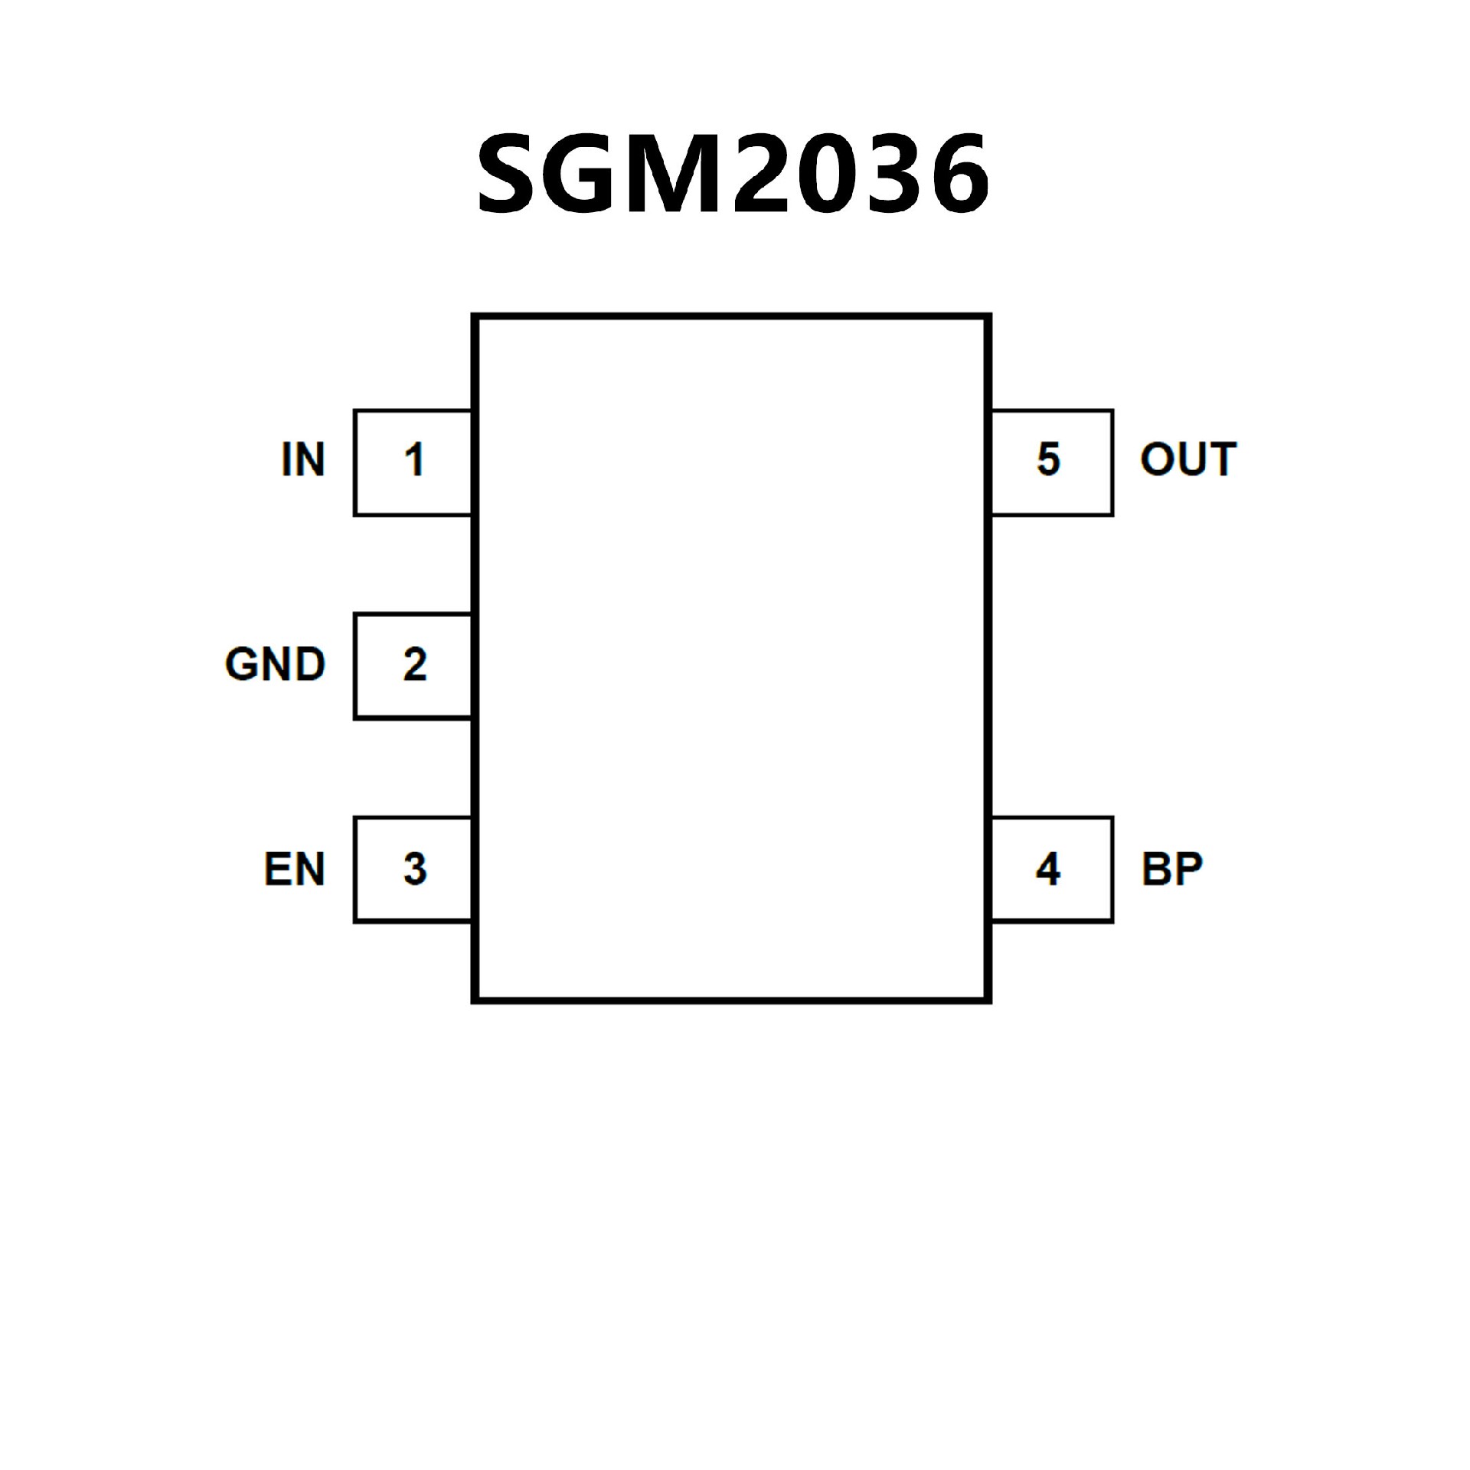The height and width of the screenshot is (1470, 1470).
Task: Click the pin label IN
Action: [x=303, y=459]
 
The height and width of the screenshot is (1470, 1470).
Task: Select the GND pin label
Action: [x=276, y=664]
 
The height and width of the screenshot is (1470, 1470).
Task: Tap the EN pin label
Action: [x=295, y=869]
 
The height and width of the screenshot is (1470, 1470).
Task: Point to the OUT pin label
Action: [x=1188, y=459]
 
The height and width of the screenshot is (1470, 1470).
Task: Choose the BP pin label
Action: [x=1172, y=869]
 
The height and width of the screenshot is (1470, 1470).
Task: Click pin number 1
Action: [x=414, y=460]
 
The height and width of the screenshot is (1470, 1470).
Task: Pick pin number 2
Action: [x=414, y=665]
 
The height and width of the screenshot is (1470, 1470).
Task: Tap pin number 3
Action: [x=414, y=869]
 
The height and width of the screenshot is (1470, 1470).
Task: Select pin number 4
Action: [x=1048, y=869]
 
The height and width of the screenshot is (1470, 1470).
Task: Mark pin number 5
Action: [x=1048, y=460]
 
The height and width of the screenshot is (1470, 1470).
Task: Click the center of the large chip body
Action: [x=731, y=658]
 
